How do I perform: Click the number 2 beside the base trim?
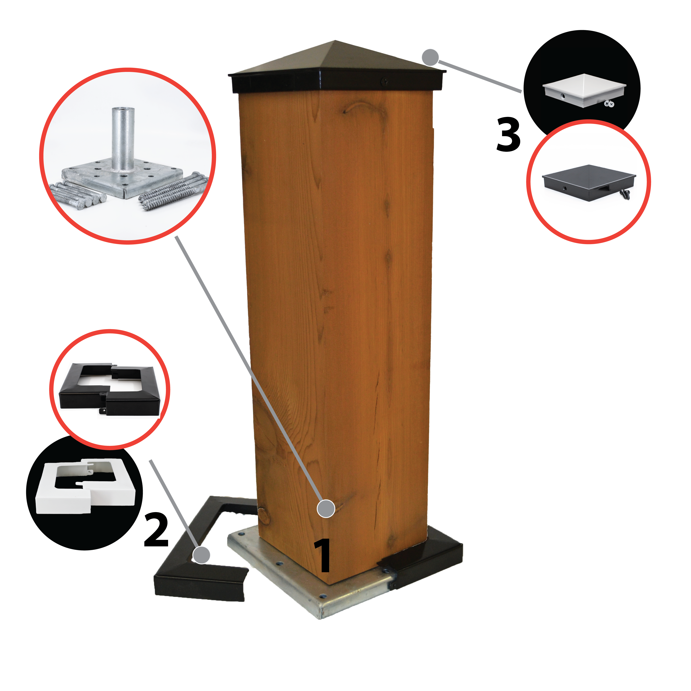click(156, 531)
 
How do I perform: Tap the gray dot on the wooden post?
click(326, 508)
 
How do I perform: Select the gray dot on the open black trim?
click(201, 555)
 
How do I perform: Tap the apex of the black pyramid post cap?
click(335, 40)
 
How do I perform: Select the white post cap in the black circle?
click(584, 90)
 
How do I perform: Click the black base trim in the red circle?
click(109, 389)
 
